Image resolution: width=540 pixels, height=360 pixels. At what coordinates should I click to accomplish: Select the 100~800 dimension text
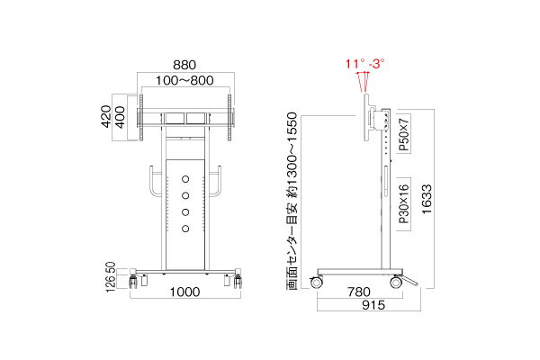[184, 81]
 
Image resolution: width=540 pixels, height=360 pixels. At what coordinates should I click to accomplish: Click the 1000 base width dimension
[184, 292]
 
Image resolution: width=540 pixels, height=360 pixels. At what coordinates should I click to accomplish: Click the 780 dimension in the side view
[358, 292]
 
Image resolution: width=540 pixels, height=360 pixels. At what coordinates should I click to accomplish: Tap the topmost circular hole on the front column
[185, 177]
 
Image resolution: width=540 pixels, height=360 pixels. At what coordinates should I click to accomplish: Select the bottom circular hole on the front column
[185, 229]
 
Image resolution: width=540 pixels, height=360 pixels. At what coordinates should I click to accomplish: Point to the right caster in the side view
[395, 282]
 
